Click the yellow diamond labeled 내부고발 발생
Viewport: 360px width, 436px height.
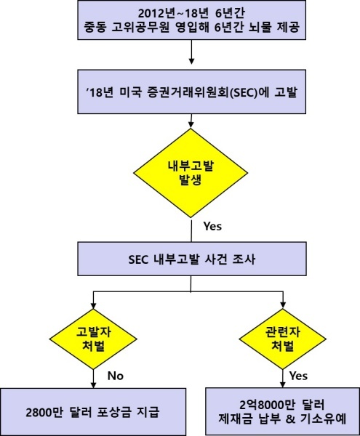click(191, 173)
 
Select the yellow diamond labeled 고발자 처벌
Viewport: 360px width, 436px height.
click(93, 339)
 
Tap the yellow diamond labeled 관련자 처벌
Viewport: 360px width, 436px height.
click(283, 339)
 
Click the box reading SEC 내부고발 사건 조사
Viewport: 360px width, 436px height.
click(192, 259)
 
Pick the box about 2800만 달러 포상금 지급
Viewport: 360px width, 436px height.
click(93, 411)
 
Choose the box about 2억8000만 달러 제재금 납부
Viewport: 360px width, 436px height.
click(283, 411)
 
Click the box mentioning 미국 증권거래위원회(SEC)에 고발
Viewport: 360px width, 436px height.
click(192, 92)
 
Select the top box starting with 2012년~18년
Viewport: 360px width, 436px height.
click(192, 20)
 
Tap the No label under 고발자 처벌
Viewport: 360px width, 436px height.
click(116, 376)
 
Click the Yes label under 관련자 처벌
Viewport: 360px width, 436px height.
click(298, 376)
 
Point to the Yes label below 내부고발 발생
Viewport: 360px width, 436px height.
click(213, 226)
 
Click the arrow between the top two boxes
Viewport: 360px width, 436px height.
click(191, 52)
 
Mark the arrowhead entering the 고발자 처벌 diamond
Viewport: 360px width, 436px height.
click(94, 305)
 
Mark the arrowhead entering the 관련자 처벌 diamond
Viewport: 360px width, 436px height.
click(283, 305)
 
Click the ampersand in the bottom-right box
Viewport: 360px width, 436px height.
click(290, 419)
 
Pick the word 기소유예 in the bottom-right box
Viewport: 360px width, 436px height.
click(324, 419)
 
